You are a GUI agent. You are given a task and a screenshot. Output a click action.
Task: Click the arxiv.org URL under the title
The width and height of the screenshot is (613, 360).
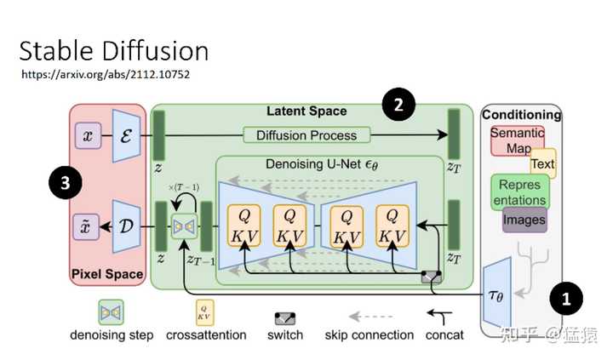tap(105, 74)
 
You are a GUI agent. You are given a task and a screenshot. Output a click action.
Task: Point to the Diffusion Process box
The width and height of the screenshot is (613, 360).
tap(306, 135)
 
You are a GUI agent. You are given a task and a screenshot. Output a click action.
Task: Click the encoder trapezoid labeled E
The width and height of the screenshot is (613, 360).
tap(127, 136)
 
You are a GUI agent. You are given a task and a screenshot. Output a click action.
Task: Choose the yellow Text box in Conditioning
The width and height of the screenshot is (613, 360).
tap(542, 163)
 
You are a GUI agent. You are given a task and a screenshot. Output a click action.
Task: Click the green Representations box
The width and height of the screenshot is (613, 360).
tap(519, 191)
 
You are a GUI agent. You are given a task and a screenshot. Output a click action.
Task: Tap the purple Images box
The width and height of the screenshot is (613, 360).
tap(524, 220)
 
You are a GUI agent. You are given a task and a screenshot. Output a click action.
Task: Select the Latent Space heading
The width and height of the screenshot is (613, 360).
tap(306, 111)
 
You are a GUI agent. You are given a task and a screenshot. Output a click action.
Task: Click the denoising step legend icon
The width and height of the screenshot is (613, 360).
tap(112, 313)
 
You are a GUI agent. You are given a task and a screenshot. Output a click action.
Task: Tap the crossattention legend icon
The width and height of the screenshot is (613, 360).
tap(205, 313)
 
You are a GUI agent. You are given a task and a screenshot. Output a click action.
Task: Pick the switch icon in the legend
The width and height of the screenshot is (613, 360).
tap(284, 318)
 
